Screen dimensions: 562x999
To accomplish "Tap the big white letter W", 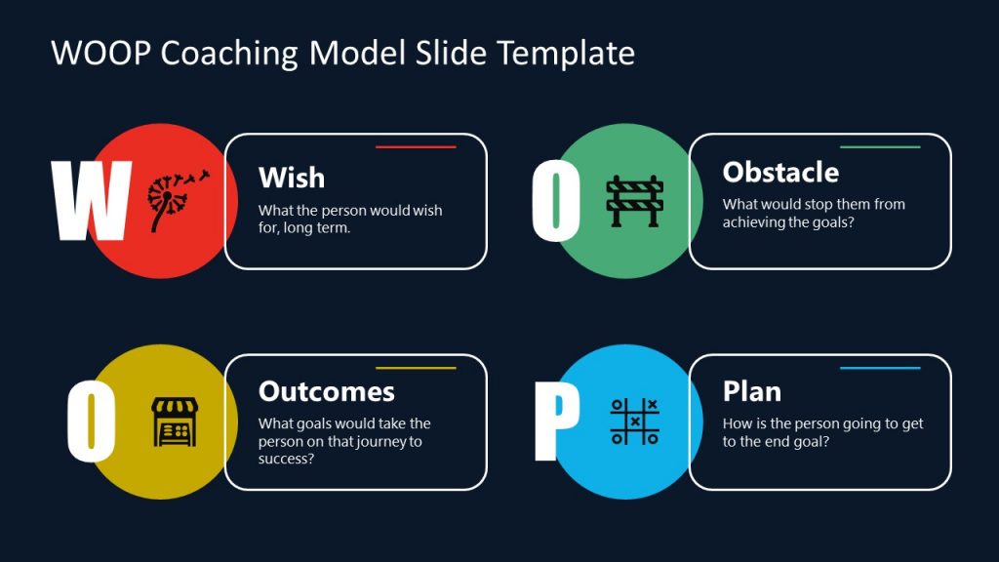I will click(91, 202).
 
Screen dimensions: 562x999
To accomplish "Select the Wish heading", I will click(292, 178).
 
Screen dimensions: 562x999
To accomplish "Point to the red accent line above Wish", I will click(416, 147).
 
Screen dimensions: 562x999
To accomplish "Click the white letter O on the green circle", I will click(556, 202).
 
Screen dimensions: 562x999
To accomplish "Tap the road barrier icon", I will click(635, 201).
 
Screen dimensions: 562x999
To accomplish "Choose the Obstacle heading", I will click(780, 173).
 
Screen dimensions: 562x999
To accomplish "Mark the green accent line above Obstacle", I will click(880, 147).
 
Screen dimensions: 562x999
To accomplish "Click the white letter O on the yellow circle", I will click(92, 421).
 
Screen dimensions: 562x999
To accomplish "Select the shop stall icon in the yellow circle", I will click(175, 421).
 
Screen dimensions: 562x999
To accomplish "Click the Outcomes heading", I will click(327, 391).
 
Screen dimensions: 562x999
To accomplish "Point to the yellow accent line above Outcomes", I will click(416, 368).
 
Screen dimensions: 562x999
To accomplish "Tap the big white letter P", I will click(555, 421).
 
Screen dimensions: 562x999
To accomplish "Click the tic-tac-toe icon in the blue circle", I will click(635, 421).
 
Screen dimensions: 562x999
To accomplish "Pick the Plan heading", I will click(752, 391).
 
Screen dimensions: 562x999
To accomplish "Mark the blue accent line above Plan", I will click(880, 368).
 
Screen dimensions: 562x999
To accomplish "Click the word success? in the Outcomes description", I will click(286, 459).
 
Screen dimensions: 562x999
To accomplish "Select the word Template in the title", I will click(566, 53).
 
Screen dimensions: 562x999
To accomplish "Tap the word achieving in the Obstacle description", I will click(754, 222).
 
